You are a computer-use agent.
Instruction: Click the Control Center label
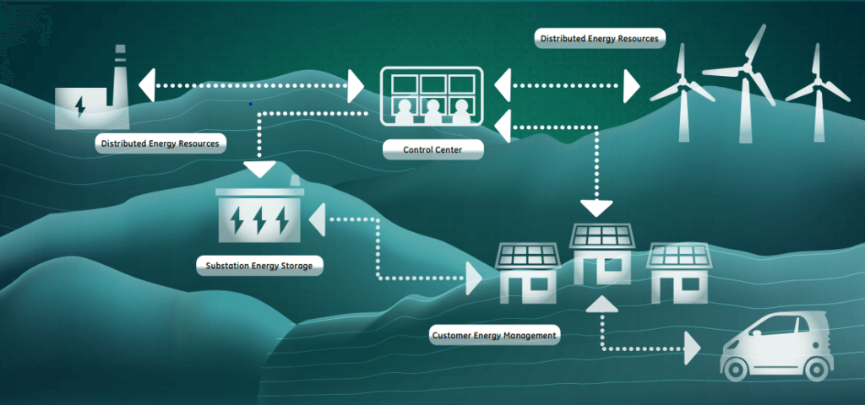click(433, 150)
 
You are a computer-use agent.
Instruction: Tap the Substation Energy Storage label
click(259, 266)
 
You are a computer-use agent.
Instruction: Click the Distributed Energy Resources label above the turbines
click(600, 38)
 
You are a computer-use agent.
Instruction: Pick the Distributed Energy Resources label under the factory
click(160, 143)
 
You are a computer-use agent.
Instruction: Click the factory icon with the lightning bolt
click(87, 97)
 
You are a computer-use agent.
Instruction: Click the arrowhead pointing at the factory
click(148, 85)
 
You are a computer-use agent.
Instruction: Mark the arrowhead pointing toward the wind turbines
click(631, 85)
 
